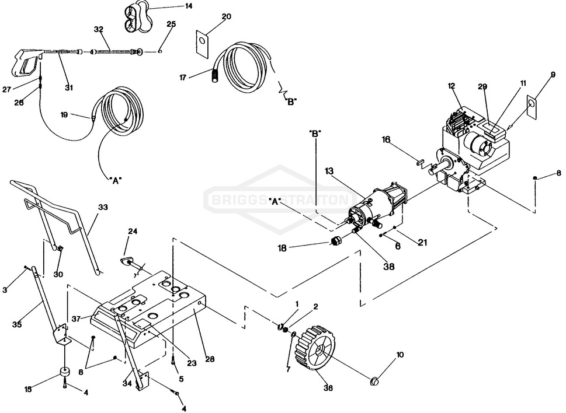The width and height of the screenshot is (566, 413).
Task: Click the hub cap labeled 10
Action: (x=374, y=381)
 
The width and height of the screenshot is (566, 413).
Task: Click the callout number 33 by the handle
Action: (x=103, y=207)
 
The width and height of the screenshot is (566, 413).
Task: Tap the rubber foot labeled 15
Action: (x=64, y=373)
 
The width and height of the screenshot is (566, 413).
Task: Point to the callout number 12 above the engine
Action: (x=452, y=86)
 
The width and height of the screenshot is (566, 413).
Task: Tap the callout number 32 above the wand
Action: (x=99, y=29)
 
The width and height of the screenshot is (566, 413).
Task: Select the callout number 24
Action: (x=133, y=231)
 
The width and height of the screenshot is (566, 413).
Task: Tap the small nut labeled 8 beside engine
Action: (x=535, y=177)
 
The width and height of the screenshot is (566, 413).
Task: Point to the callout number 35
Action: (x=17, y=324)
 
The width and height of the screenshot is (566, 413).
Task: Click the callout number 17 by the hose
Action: (x=183, y=77)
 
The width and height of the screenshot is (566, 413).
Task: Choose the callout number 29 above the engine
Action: (x=482, y=86)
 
